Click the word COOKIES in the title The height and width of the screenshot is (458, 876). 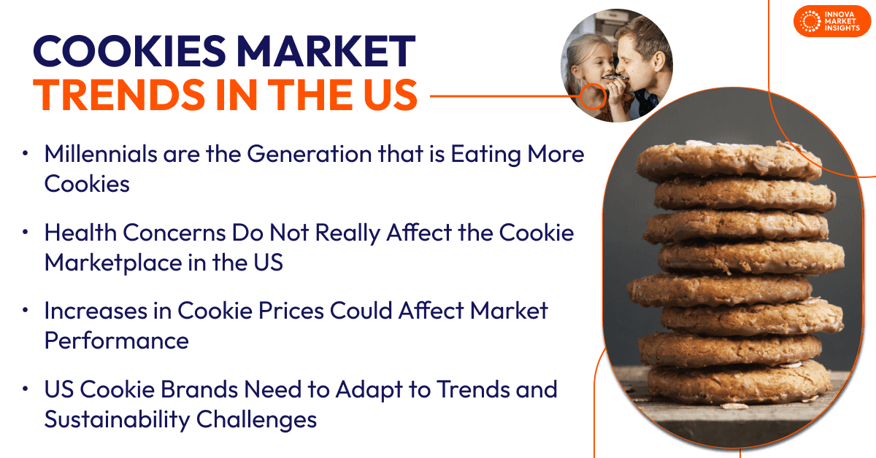(x=130, y=51)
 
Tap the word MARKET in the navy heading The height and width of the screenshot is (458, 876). (x=326, y=51)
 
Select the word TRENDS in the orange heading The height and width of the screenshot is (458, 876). (x=119, y=95)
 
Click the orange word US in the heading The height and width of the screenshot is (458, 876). (x=391, y=95)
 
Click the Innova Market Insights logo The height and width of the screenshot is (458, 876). (x=831, y=21)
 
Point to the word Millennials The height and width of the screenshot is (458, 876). (x=101, y=154)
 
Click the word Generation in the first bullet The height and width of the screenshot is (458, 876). (x=309, y=154)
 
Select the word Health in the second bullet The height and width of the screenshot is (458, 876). (x=80, y=233)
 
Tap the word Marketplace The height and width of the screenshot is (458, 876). (x=113, y=263)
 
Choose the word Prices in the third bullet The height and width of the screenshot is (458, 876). (x=291, y=311)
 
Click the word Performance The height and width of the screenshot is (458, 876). (x=117, y=341)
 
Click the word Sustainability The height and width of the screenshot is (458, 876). (x=117, y=420)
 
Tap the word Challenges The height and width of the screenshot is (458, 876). (x=256, y=420)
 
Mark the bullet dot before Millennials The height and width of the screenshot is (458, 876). (x=26, y=153)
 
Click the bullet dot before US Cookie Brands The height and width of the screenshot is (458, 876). (x=26, y=389)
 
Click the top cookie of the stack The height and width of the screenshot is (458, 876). (x=729, y=160)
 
